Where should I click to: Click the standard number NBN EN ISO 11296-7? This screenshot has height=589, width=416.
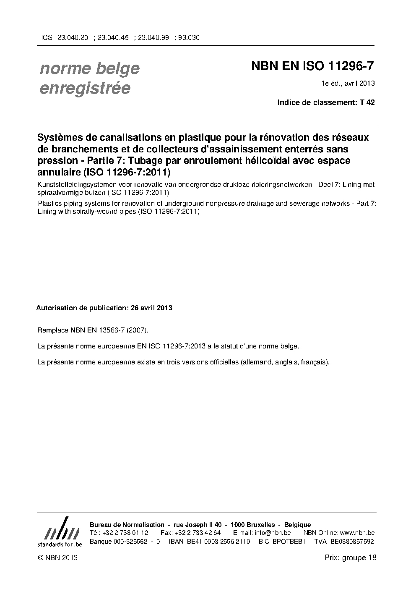tap(312, 66)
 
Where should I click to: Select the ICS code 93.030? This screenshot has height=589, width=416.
tap(189, 37)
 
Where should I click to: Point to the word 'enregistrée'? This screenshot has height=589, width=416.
tap(85, 88)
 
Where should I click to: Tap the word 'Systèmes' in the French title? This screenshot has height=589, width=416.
tap(60, 138)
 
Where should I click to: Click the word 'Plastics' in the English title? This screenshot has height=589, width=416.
tap(49, 204)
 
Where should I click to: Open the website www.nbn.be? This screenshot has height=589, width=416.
tap(356, 533)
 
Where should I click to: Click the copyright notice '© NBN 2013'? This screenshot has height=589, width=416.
tap(57, 558)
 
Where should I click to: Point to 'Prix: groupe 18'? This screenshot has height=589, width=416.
tap(350, 558)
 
